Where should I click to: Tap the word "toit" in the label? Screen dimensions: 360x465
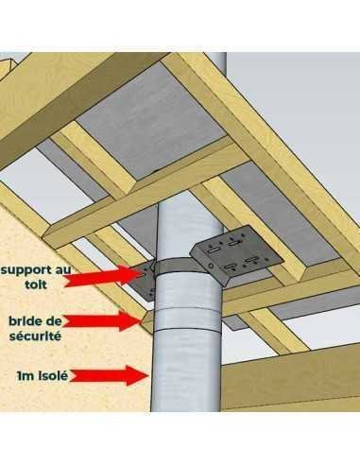[x=36, y=284]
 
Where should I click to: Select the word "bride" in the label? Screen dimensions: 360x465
[x=26, y=321]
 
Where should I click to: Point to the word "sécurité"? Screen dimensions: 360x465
[x=35, y=336]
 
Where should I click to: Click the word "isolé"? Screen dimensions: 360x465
[x=53, y=375]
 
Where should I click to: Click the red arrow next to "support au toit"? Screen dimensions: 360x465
[x=105, y=276]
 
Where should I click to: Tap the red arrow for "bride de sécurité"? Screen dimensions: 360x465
[x=102, y=320]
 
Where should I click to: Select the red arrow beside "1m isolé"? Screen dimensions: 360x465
[x=109, y=375]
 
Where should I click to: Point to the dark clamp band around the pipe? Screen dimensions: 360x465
[x=175, y=267]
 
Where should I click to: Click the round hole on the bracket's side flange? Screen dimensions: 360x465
[x=210, y=267]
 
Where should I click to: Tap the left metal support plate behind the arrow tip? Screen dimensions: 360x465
[x=144, y=282]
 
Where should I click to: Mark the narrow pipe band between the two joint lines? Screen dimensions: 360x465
[x=186, y=319]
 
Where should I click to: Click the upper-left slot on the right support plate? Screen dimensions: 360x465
[x=214, y=251]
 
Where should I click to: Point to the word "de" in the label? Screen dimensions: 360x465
[x=53, y=321]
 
